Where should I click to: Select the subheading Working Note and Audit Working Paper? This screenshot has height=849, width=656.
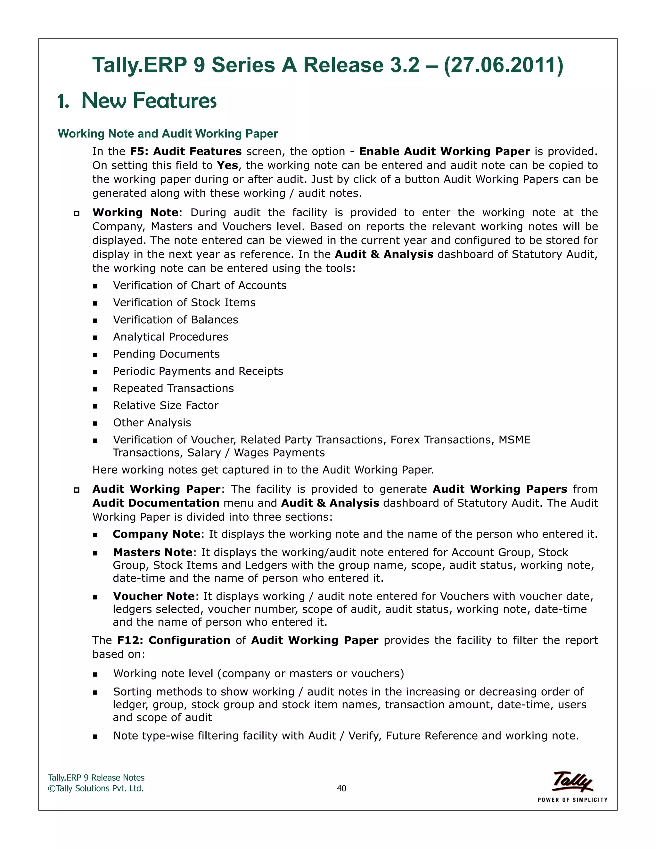(x=168, y=134)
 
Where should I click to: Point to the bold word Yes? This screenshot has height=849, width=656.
(x=227, y=165)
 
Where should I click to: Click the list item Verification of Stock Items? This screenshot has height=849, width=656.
(x=184, y=302)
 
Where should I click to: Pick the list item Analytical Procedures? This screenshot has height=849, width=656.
(x=171, y=337)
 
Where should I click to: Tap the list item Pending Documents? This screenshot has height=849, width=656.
(x=166, y=354)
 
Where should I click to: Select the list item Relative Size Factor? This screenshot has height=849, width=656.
(x=166, y=406)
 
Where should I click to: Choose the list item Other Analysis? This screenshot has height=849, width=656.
(x=152, y=423)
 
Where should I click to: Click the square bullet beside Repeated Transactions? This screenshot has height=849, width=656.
(x=95, y=389)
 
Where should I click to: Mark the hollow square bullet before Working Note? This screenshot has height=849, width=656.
(x=77, y=213)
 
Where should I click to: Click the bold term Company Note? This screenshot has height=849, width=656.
(x=156, y=534)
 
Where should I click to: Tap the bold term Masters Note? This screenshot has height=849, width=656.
(x=153, y=552)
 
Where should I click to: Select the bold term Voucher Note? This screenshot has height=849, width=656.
(x=154, y=596)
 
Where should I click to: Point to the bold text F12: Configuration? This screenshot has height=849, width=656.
(x=174, y=640)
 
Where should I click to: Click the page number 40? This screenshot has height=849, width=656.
(x=341, y=788)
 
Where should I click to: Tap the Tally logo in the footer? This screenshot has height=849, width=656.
(x=572, y=781)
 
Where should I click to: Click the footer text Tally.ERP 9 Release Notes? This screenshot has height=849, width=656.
(x=96, y=778)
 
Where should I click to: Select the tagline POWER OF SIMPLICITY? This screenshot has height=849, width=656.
(x=572, y=800)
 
